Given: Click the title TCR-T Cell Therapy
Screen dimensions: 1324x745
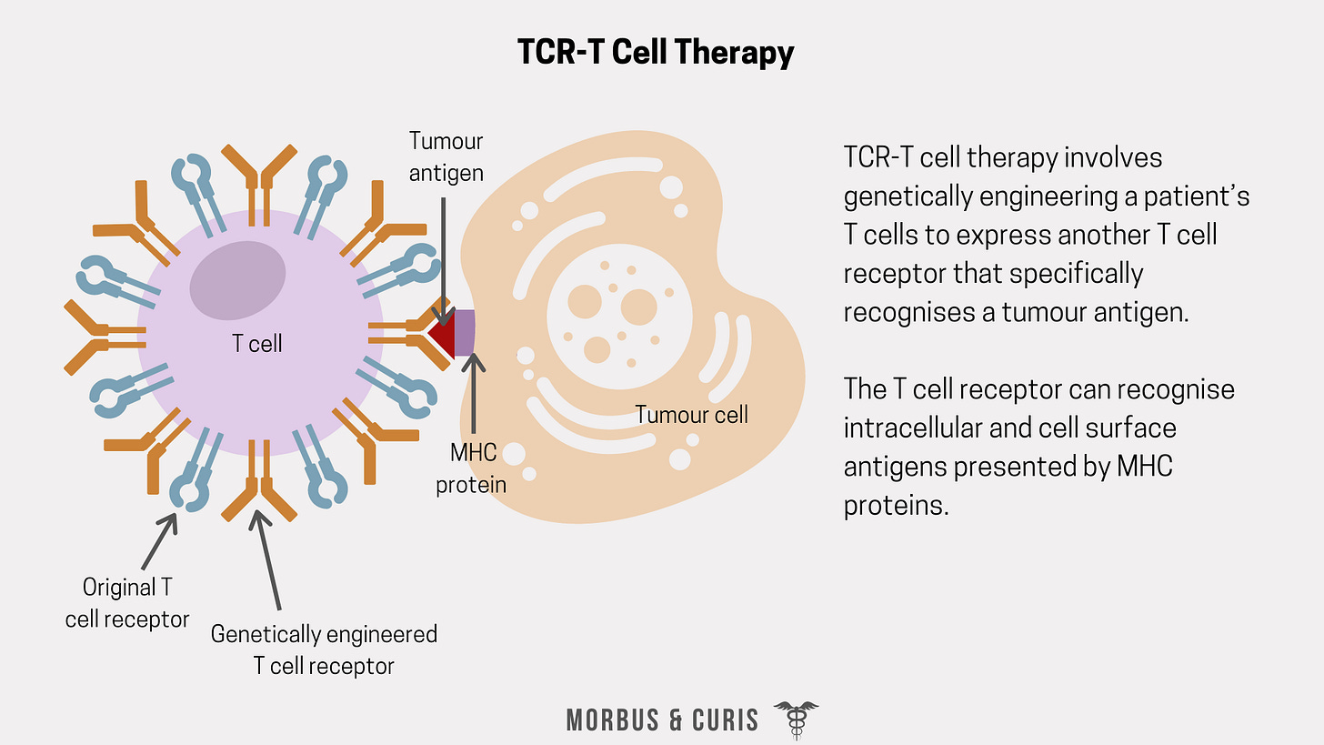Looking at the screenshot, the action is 656,53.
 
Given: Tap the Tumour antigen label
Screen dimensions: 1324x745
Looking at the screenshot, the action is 446,156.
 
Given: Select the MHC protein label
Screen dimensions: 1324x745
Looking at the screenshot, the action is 471,468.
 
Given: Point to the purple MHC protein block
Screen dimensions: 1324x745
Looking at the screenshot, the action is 465,332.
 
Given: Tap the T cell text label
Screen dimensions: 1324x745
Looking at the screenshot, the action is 257,344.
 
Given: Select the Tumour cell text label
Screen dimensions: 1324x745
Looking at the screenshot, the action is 691,415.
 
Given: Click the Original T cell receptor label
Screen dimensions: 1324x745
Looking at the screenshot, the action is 126,603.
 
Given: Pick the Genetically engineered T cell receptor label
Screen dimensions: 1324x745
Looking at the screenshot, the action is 324,649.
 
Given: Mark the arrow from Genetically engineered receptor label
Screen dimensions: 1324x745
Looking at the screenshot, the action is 269,559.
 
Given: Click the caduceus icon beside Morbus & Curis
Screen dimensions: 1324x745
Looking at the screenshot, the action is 796,719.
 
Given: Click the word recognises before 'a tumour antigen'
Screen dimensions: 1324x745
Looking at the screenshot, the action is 918,312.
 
